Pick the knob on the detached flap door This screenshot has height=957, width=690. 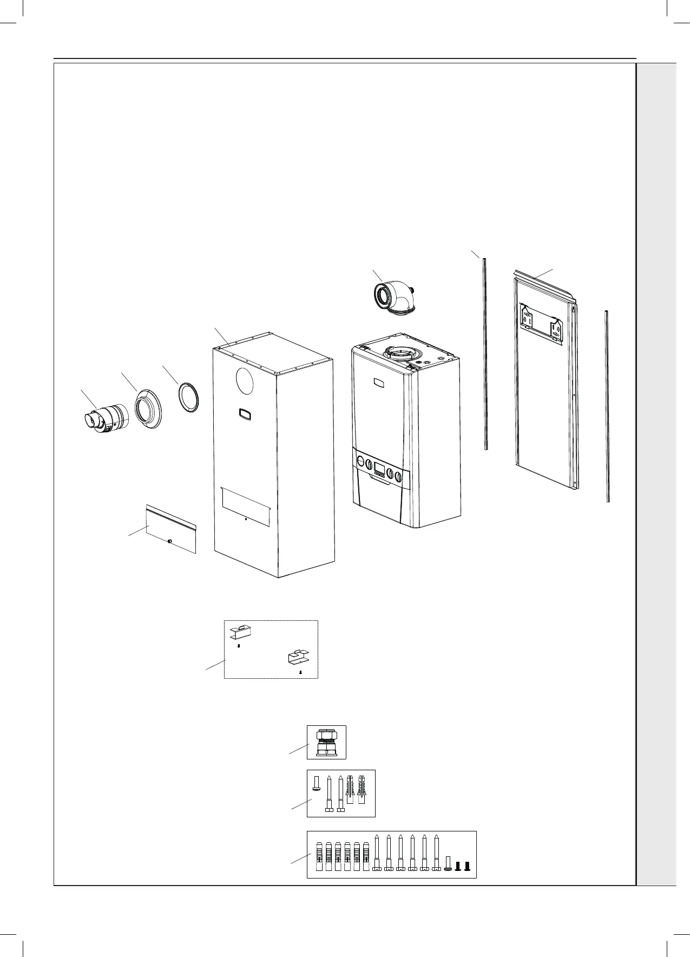point(170,540)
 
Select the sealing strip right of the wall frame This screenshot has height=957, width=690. point(607,405)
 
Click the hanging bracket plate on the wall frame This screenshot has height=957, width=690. point(541,323)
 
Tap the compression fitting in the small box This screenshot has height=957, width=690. point(326,742)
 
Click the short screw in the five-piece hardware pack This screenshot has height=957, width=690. point(317,782)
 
